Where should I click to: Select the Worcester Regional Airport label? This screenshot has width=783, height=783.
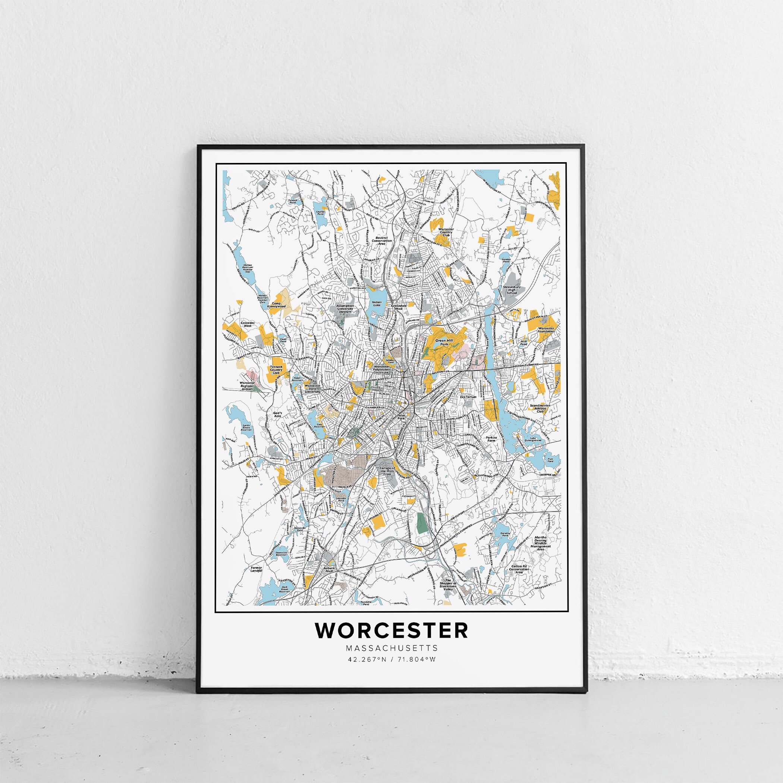coord(248,386)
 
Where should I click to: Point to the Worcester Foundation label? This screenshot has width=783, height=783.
coord(546,329)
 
